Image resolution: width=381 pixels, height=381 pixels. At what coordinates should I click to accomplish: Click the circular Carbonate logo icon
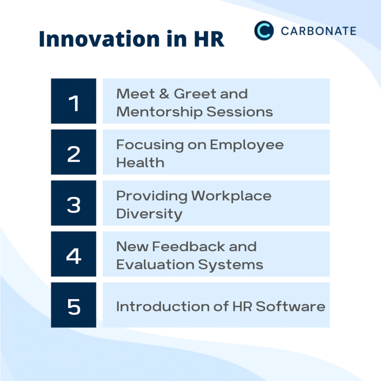click(264, 31)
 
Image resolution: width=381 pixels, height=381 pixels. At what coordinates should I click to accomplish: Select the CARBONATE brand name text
click(318, 31)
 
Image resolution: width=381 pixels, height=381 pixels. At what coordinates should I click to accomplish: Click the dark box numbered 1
click(74, 101)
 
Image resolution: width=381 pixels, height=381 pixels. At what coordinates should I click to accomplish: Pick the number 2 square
click(74, 152)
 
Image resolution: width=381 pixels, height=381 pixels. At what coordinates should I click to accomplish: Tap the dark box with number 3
click(74, 203)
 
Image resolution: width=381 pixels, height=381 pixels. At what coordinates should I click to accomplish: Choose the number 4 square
click(74, 254)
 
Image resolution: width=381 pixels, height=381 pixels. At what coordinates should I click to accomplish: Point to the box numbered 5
click(74, 305)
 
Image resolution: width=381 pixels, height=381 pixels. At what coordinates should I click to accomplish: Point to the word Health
click(140, 163)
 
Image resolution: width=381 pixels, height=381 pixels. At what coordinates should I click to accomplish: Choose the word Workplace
click(231, 196)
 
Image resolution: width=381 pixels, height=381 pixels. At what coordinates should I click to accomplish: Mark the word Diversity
click(149, 214)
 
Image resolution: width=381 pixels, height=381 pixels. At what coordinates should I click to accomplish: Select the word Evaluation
click(154, 265)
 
